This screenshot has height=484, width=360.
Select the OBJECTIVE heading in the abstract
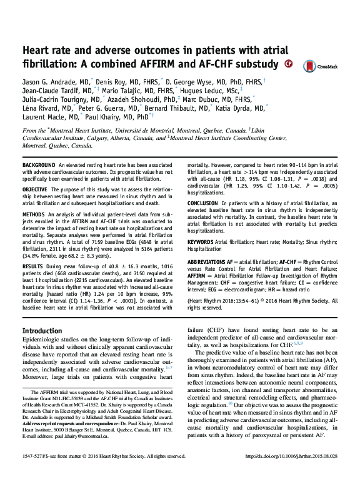pos(35,188)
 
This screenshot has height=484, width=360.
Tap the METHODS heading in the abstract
pos(34,214)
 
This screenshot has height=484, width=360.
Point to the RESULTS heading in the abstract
pos(33,265)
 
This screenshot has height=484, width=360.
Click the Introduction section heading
pos(42,331)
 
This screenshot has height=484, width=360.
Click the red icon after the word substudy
pos(287,64)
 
